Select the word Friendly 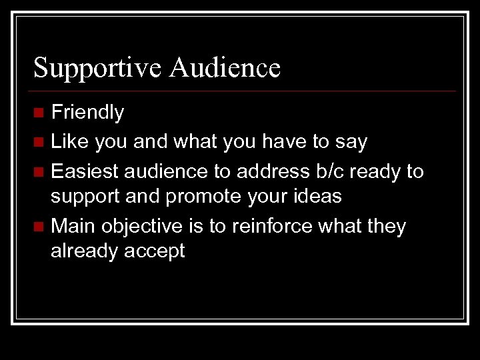point(87,113)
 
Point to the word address point(278,171)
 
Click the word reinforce point(273,227)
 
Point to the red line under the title point(244,91)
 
